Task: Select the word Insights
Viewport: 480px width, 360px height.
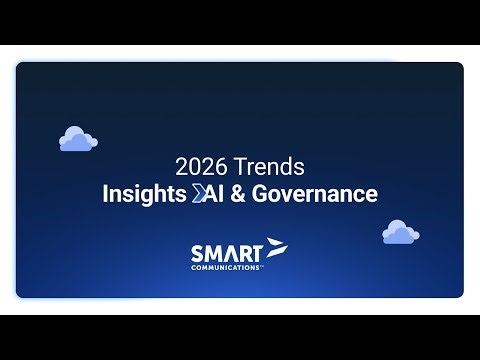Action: point(143,194)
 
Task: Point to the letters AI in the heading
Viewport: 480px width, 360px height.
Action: point(212,194)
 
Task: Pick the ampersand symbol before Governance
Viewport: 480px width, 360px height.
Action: point(237,194)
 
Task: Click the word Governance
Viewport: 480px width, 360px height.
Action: point(314,194)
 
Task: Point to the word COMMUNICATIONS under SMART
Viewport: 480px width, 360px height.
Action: point(227,267)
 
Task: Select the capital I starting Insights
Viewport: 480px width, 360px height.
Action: point(105,194)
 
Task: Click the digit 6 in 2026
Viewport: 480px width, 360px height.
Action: point(214,167)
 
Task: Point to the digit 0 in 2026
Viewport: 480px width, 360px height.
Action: point(191,167)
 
